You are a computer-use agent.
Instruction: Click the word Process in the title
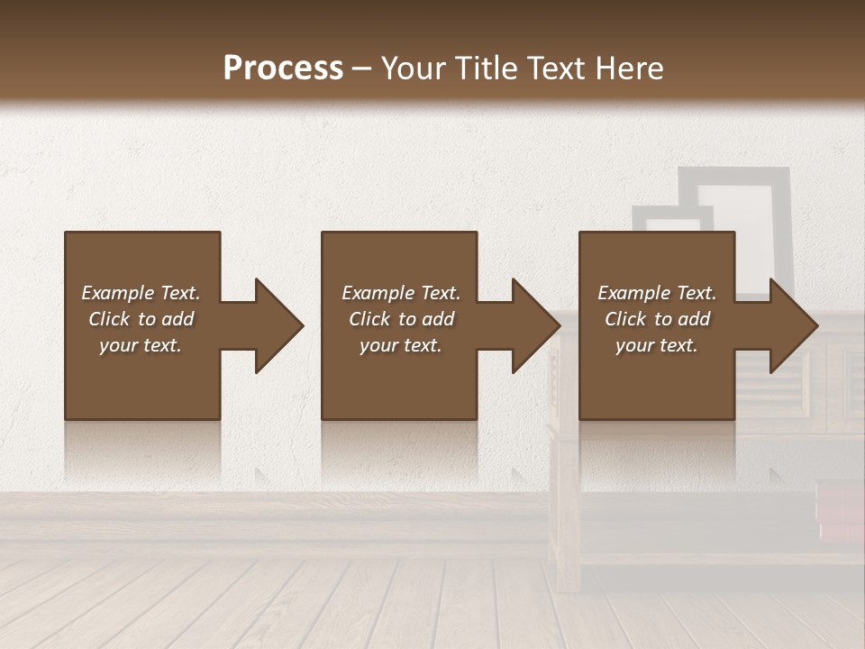coord(283,69)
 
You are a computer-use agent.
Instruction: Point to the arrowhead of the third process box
coord(792,325)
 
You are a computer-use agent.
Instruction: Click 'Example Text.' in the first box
coord(141,293)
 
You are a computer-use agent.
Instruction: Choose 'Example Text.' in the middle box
coord(400,293)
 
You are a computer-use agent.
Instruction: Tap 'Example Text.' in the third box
coord(657,293)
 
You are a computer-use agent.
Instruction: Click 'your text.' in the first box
coord(141,345)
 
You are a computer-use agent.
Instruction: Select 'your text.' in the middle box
coord(400,345)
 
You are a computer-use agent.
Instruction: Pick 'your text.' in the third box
coord(657,345)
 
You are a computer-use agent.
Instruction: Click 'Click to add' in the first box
coord(141,319)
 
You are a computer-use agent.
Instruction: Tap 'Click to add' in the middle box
coord(400,319)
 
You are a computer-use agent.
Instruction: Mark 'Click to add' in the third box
coord(657,319)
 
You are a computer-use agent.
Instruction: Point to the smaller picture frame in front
coord(671,219)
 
